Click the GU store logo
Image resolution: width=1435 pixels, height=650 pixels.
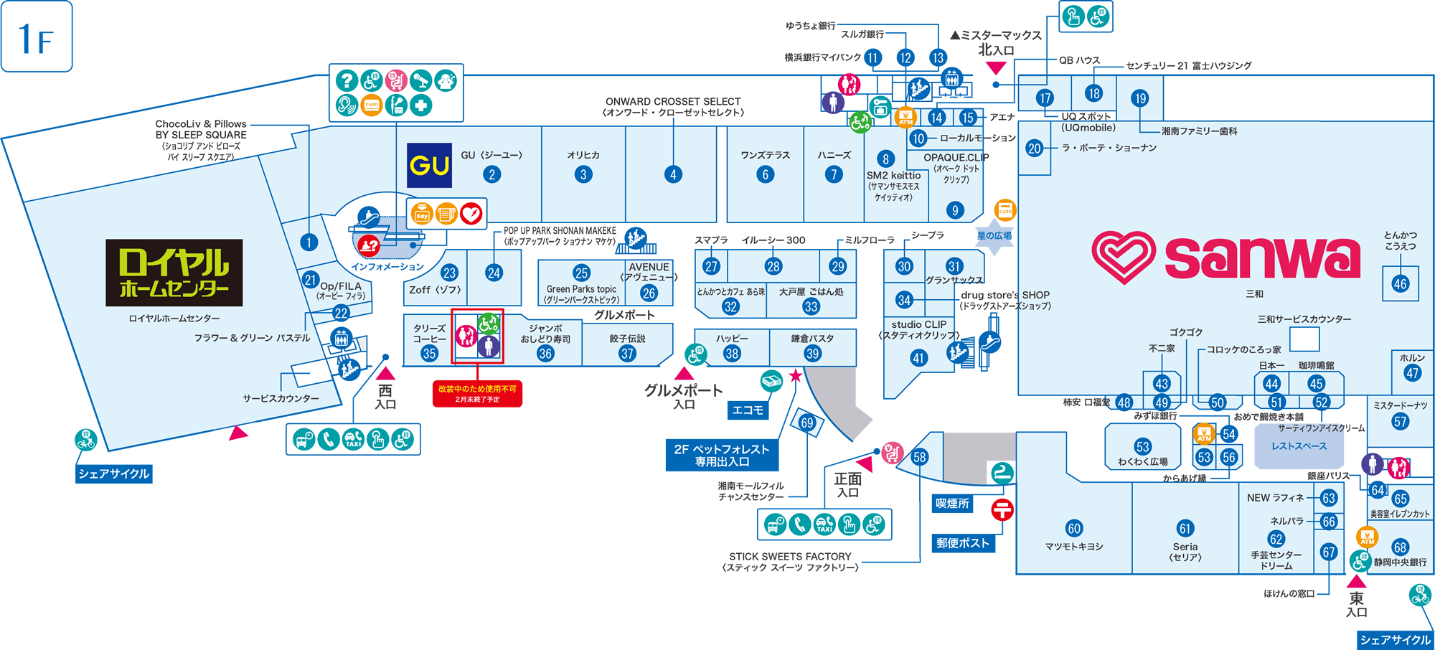point(429,166)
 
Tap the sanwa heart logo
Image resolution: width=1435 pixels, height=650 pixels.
point(1123,256)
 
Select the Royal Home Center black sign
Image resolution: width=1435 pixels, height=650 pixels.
point(174,273)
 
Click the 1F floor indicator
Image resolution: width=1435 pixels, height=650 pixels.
point(37,37)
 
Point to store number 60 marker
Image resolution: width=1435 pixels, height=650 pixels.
point(1074,529)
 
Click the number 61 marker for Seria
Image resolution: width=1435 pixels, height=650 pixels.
point(1185,529)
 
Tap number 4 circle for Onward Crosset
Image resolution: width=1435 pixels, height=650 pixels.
point(673,174)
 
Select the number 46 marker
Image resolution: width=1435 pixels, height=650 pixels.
point(1400,284)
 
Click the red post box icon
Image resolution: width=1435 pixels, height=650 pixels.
point(1002,509)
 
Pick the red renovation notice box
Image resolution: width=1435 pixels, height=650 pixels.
point(477,394)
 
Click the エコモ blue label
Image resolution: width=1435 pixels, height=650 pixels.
point(748,410)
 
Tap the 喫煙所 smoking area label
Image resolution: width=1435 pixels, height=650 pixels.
point(952,504)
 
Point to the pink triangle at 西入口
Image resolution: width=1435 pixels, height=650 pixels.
point(386,373)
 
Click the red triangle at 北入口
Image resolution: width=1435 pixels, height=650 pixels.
point(996,67)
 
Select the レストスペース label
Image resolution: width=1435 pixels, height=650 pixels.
point(1299,446)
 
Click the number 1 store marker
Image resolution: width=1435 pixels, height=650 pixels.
point(309,242)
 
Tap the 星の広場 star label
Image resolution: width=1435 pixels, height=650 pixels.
point(994,236)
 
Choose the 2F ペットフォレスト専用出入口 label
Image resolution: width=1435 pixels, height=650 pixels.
point(721,456)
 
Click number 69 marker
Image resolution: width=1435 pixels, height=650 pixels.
point(807,423)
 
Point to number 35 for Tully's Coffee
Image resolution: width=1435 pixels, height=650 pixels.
point(429,353)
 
